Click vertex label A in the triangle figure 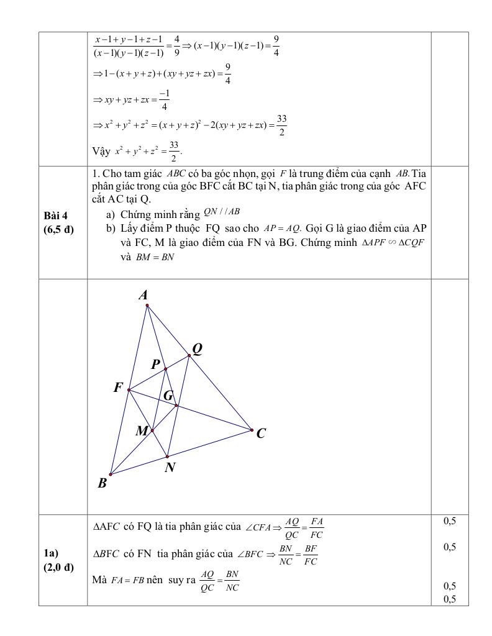coord(143,295)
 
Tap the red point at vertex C coord(252,430)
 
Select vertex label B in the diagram coord(102,483)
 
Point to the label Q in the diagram coord(197,349)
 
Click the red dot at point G coord(176,406)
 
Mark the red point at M coord(152,430)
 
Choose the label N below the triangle coord(170,468)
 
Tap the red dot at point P coord(165,369)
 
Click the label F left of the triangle coord(118,388)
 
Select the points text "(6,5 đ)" coord(58,229)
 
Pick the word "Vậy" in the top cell coord(102,151)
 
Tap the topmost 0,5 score coord(450,521)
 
